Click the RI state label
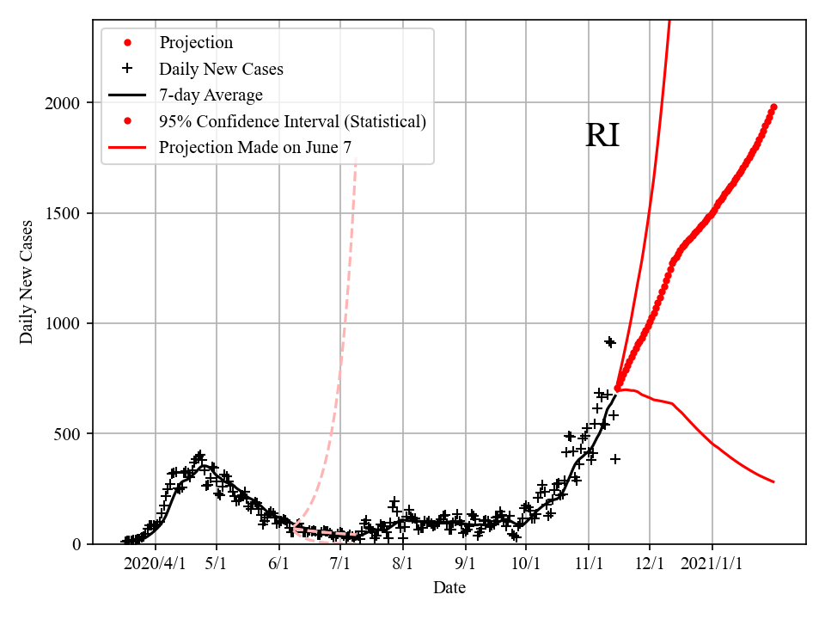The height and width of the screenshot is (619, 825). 602,136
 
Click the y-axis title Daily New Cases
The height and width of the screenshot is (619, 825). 27,282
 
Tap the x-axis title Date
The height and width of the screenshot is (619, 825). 449,587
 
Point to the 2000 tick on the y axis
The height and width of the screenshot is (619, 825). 64,103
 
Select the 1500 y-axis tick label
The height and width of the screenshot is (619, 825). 64,213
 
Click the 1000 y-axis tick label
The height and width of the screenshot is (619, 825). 64,323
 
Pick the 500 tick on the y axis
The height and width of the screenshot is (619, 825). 68,433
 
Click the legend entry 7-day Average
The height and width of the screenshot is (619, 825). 211,95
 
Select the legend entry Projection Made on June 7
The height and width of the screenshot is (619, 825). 254,148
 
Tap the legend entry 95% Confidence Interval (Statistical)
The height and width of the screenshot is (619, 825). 292,121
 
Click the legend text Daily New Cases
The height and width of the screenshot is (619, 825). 221,69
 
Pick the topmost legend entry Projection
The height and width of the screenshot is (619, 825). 196,42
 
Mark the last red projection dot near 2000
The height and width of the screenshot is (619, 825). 773,107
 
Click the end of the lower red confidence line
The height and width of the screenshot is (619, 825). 773,482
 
